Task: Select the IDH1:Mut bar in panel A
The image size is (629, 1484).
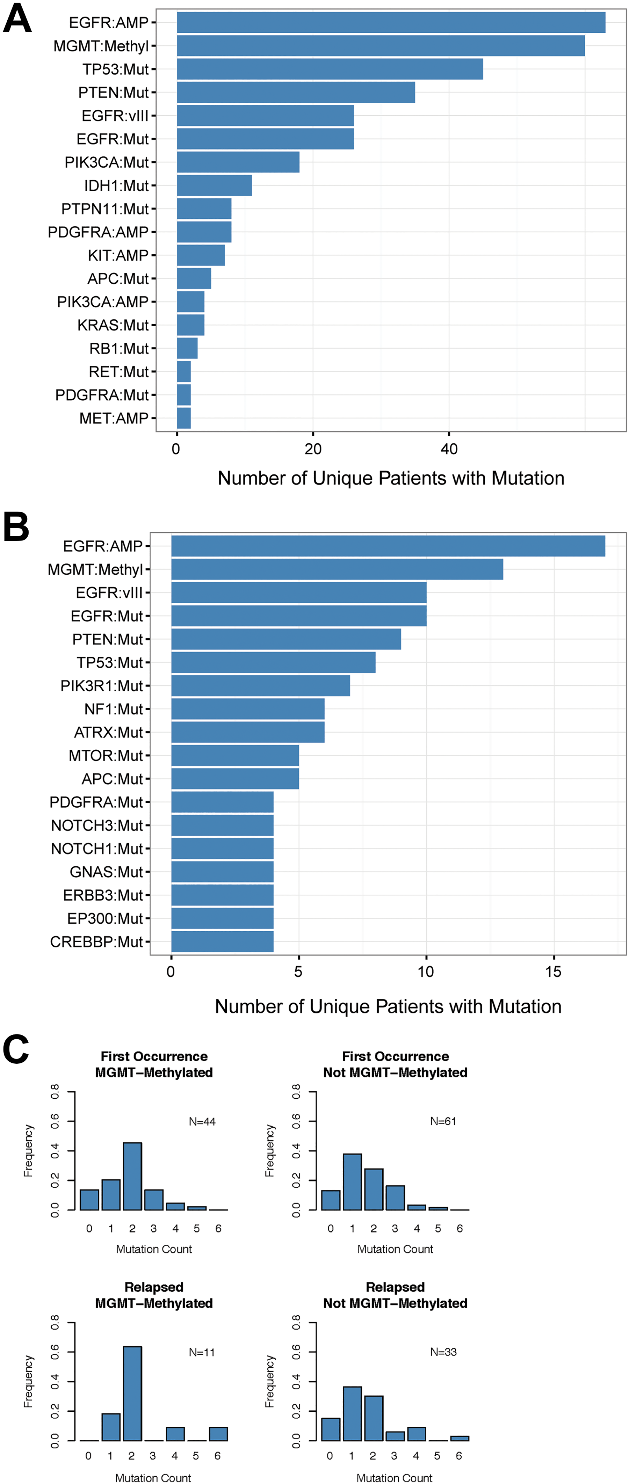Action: click(x=214, y=185)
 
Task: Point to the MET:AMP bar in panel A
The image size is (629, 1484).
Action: click(x=184, y=418)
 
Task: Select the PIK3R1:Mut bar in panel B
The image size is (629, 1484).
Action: click(x=260, y=685)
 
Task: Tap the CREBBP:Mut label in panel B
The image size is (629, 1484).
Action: click(x=96, y=942)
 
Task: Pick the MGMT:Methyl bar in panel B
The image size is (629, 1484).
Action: click(x=337, y=569)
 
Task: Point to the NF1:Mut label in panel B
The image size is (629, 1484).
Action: click(x=114, y=709)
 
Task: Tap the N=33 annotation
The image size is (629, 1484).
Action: click(x=443, y=1352)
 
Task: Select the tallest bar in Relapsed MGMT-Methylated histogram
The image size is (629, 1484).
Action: click(x=132, y=1394)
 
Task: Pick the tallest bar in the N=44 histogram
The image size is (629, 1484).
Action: click(x=132, y=1176)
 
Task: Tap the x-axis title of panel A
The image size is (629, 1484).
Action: click(x=391, y=478)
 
